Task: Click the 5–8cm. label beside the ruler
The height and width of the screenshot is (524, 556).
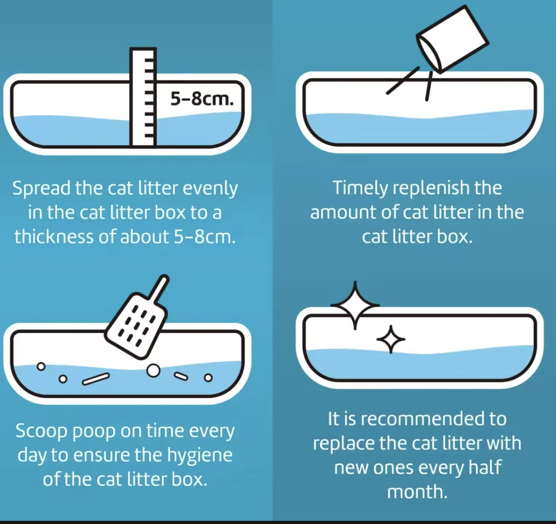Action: [202, 98]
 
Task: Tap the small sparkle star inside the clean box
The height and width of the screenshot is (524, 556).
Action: [391, 339]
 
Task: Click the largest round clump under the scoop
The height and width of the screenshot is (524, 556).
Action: [154, 371]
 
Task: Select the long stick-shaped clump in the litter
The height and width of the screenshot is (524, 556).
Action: [96, 378]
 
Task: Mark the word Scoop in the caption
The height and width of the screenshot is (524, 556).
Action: [41, 431]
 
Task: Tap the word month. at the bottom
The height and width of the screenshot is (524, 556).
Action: [417, 492]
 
